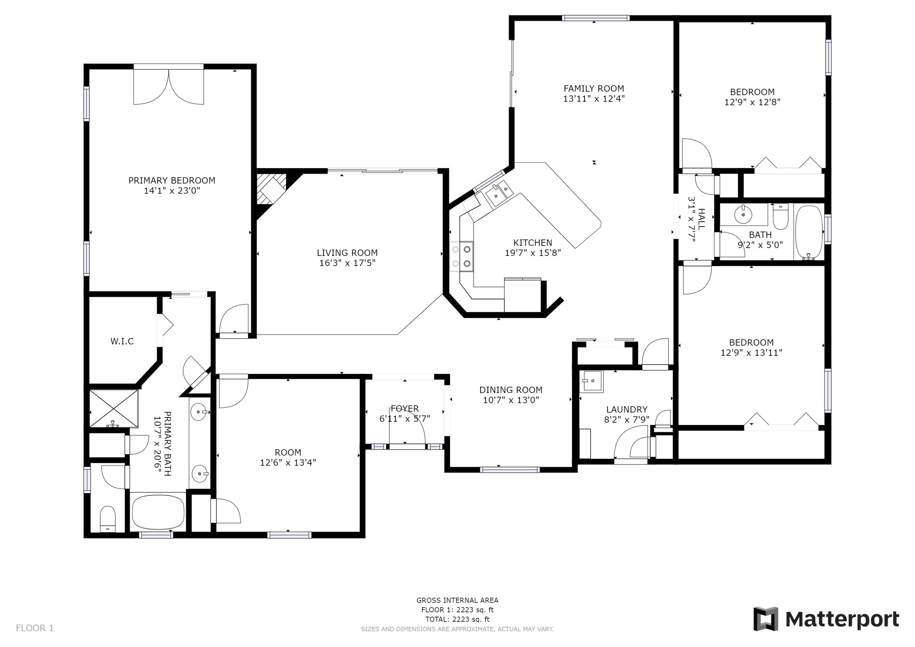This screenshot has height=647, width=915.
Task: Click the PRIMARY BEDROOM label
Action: click(x=172, y=181)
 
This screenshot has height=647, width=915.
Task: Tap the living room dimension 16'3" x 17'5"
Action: click(x=347, y=263)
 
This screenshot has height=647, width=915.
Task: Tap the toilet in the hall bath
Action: click(x=780, y=217)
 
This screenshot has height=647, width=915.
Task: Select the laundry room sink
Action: click(x=591, y=382)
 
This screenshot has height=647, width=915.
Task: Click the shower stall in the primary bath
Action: click(x=113, y=409)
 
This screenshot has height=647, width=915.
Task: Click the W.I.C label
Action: click(x=122, y=341)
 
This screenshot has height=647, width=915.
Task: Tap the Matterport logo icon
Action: click(x=766, y=619)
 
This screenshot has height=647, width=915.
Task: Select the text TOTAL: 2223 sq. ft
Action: click(x=457, y=619)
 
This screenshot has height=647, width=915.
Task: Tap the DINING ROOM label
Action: click(x=511, y=390)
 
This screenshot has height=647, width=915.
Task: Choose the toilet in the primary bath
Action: click(x=107, y=518)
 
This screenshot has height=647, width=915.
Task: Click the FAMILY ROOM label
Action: click(x=594, y=88)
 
